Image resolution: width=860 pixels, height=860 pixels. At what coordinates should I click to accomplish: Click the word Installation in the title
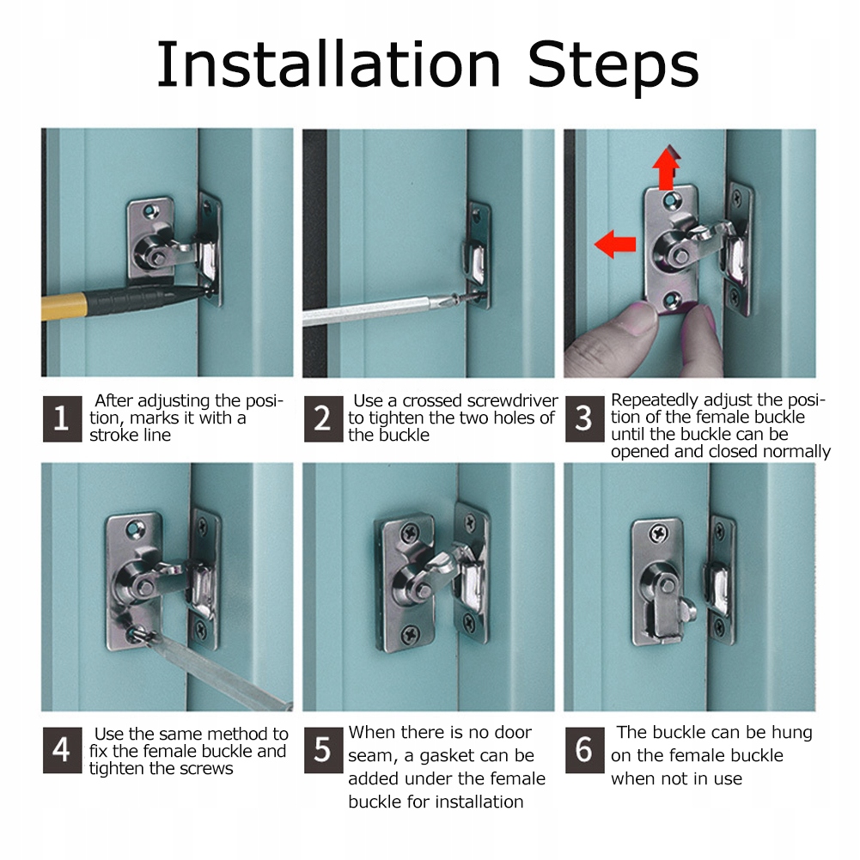328,64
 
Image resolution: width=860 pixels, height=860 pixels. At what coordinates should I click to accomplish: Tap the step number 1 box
62,418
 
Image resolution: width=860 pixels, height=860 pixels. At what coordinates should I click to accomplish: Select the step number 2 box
323,418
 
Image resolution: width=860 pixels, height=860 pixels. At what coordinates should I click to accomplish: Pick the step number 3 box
585,418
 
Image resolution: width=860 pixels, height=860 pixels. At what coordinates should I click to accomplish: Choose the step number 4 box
62,750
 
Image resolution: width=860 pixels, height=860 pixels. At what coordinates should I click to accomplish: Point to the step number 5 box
323,750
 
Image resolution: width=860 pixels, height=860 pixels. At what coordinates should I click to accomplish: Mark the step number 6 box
585,750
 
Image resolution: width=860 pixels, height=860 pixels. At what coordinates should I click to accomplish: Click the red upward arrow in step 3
667,168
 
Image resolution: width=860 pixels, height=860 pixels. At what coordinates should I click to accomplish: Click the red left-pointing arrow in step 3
615,244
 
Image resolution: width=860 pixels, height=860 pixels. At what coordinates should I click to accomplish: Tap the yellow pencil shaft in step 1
64,306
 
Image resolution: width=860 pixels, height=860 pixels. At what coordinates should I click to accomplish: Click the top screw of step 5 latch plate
411,532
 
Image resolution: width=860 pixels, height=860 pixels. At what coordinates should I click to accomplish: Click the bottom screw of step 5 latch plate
411,633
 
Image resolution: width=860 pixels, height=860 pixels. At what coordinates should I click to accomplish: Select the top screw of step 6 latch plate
658,533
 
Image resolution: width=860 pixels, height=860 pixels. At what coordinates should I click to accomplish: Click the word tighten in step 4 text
117,768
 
